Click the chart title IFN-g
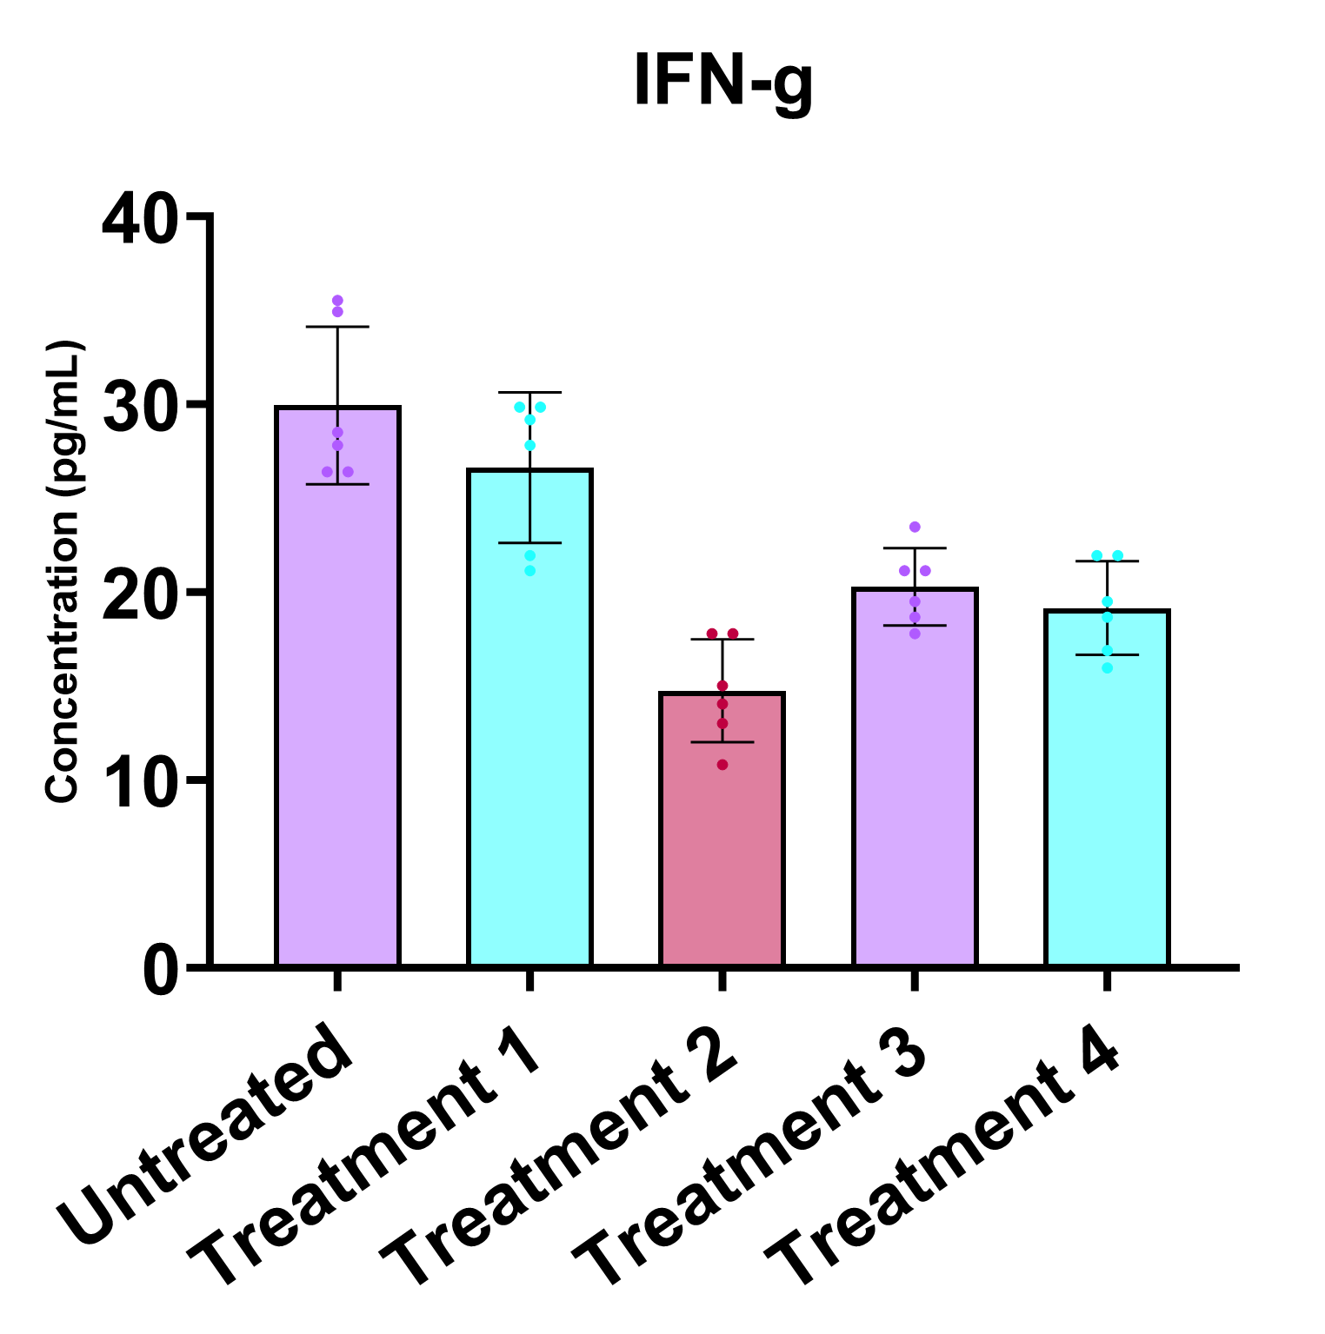[722, 81]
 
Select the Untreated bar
[337, 695]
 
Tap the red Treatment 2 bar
[722, 834]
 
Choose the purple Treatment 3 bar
[915, 782]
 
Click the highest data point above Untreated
[337, 301]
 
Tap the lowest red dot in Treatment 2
[722, 765]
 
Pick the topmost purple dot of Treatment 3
[915, 528]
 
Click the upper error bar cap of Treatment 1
[529, 393]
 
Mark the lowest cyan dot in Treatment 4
[1107, 668]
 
